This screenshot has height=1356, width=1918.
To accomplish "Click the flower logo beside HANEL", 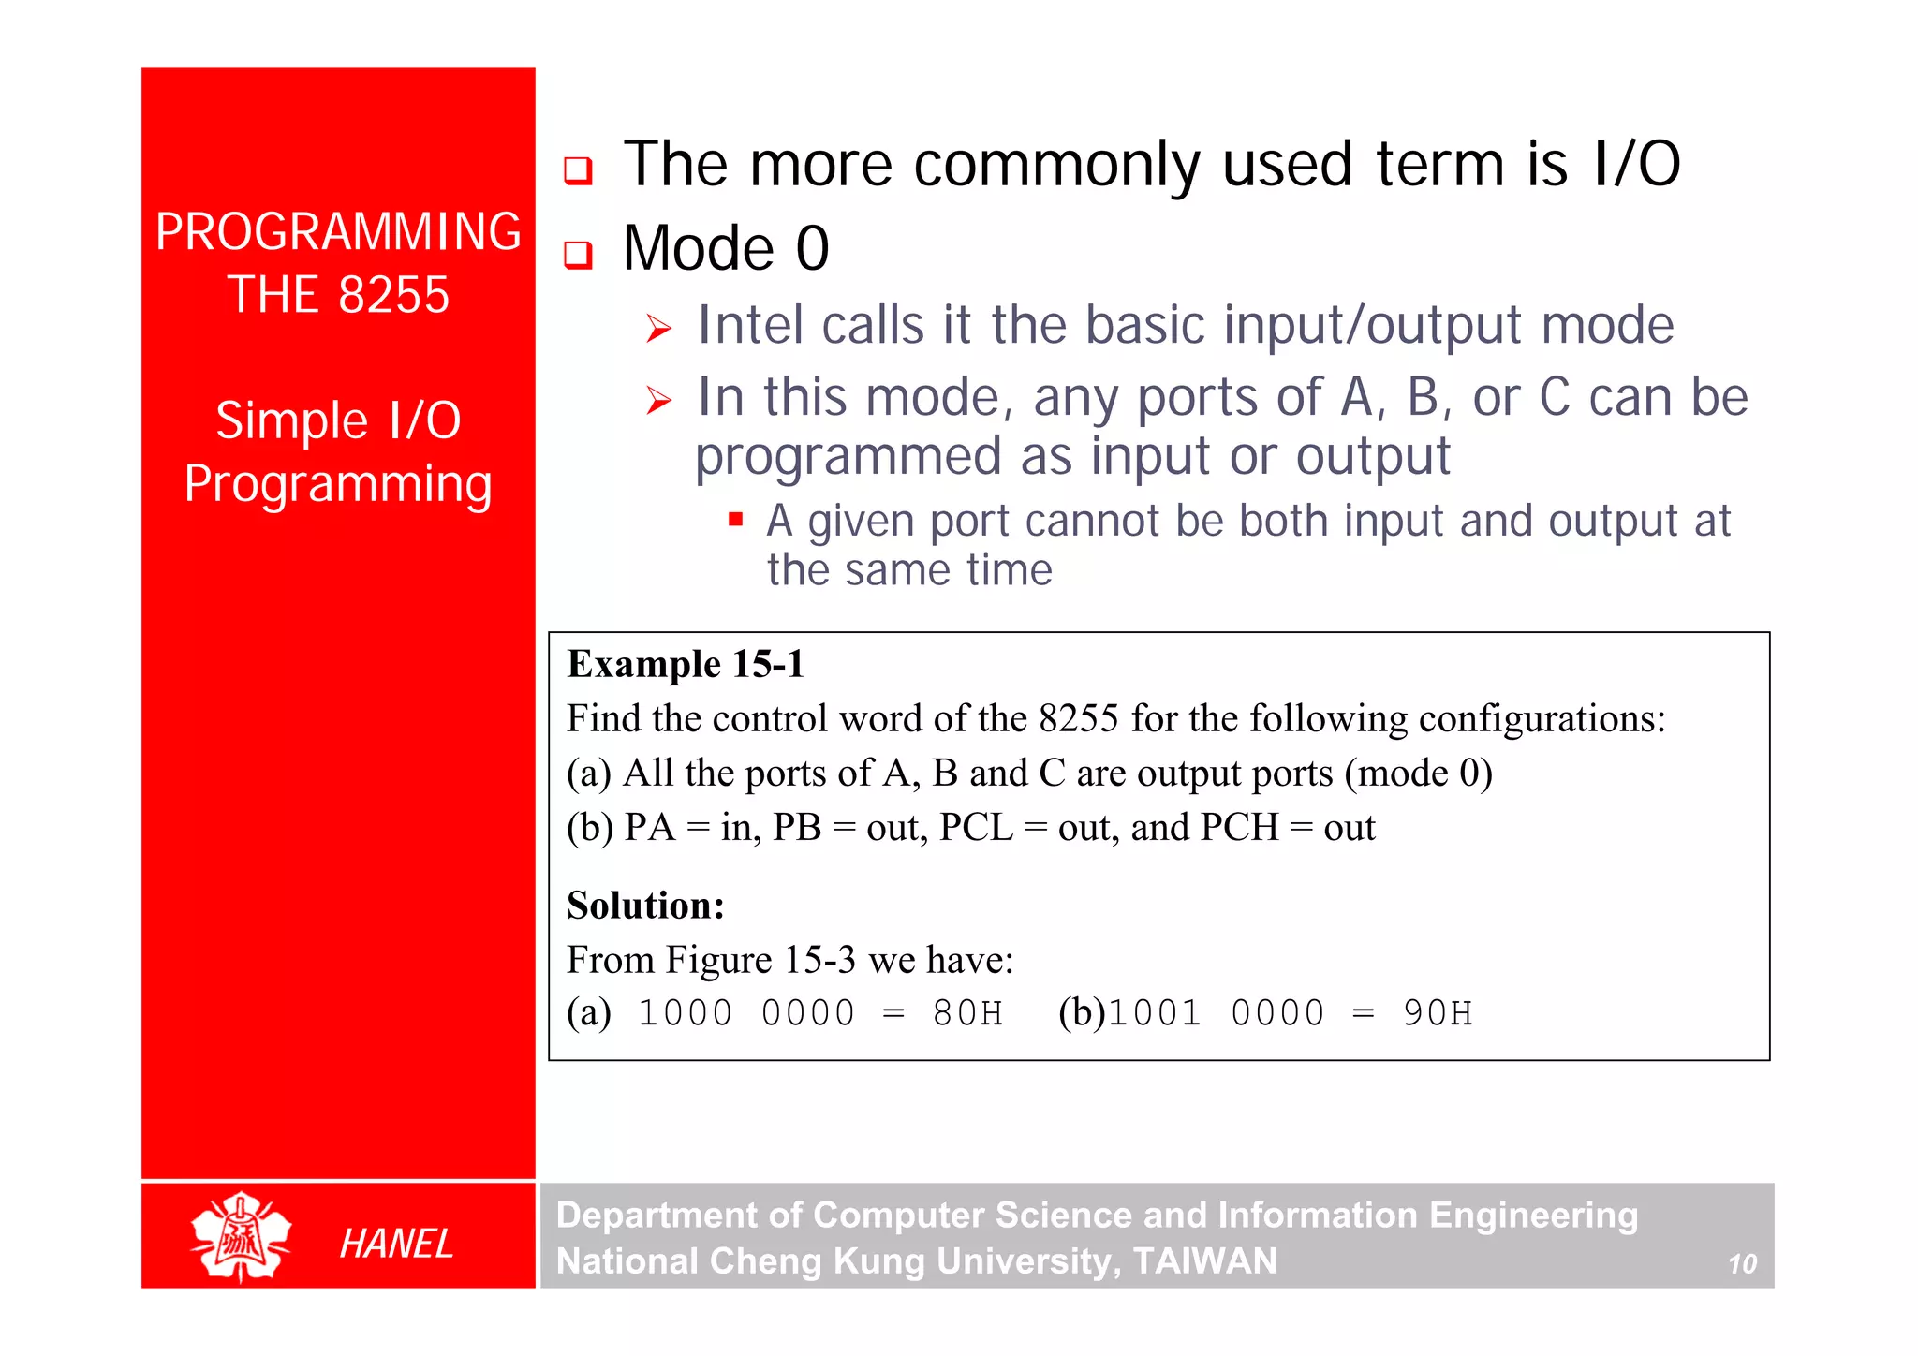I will [241, 1236].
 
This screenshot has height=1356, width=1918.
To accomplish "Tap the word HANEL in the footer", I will [395, 1244].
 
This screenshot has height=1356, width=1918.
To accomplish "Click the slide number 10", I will [1742, 1264].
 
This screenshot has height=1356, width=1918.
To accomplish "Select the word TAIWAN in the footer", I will [1204, 1261].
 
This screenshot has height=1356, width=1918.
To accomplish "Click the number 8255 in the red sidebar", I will [393, 295].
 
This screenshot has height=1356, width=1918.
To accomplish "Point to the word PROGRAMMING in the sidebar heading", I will [338, 231].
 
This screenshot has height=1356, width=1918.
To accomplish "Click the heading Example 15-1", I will [686, 664].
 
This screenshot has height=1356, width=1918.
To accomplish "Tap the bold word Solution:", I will [645, 906].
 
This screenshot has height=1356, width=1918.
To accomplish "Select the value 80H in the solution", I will [966, 1013].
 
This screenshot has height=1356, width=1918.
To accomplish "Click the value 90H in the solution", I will [1437, 1013].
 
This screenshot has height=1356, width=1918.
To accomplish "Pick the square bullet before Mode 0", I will [578, 254].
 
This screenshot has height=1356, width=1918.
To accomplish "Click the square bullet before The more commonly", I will [578, 170].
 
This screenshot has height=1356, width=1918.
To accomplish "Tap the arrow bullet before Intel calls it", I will [659, 329].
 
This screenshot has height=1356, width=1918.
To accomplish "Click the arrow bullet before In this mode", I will [659, 401].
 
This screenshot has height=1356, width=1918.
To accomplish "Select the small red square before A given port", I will [735, 519].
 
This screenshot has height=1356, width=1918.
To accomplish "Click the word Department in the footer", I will [656, 1216].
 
